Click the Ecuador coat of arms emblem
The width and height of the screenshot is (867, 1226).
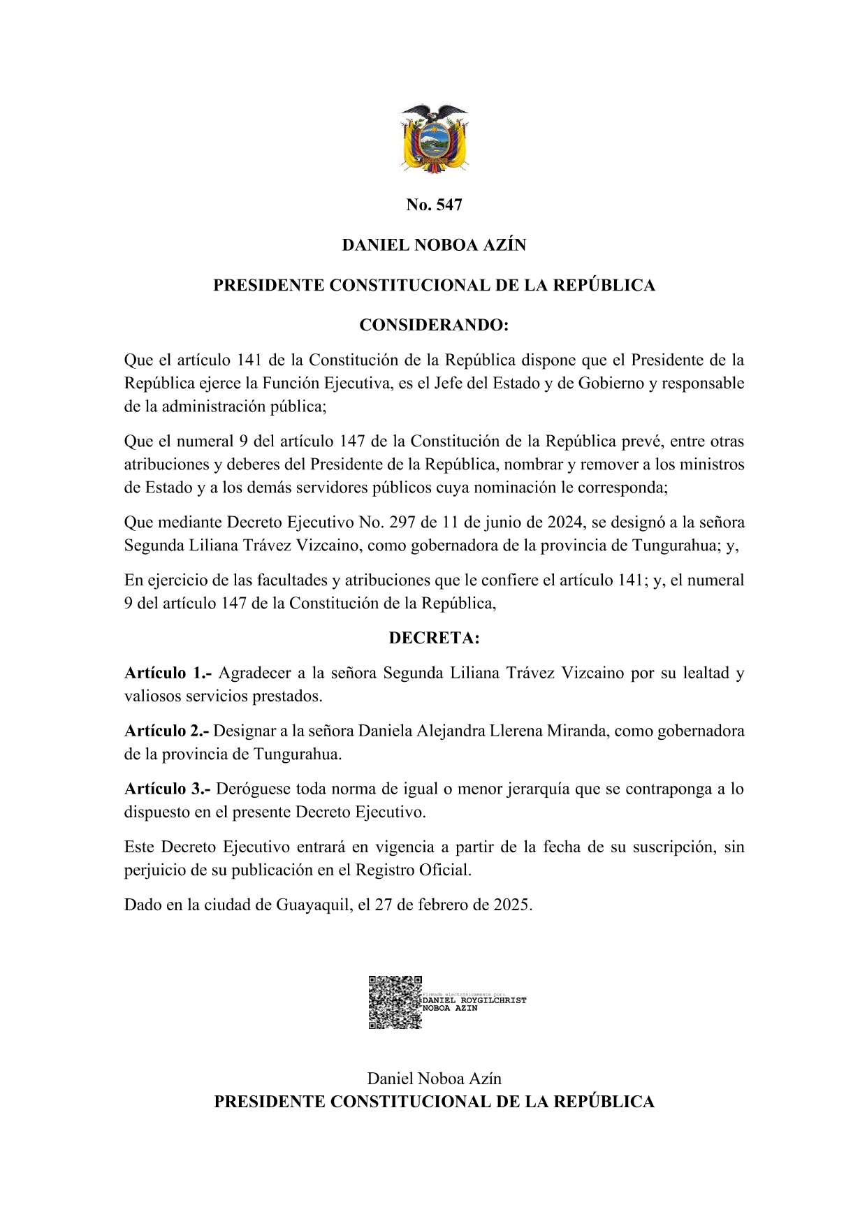point(434,138)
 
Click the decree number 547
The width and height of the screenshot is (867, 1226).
point(449,205)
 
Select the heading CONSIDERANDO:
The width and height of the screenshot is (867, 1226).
point(434,326)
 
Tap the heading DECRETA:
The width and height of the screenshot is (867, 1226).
point(434,638)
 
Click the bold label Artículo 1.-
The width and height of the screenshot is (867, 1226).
point(168,673)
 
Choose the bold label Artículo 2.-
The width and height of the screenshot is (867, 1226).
point(166,731)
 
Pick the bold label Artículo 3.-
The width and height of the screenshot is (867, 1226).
point(167,789)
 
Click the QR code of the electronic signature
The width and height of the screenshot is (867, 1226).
point(395,1002)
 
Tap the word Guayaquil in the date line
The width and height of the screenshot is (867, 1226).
point(313,906)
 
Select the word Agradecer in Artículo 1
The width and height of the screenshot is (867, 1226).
point(255,673)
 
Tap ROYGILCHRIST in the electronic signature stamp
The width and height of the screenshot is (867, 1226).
point(494,1000)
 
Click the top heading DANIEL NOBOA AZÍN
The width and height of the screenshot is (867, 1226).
point(434,245)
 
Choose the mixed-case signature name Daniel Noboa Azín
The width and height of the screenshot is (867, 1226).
point(434,1079)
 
